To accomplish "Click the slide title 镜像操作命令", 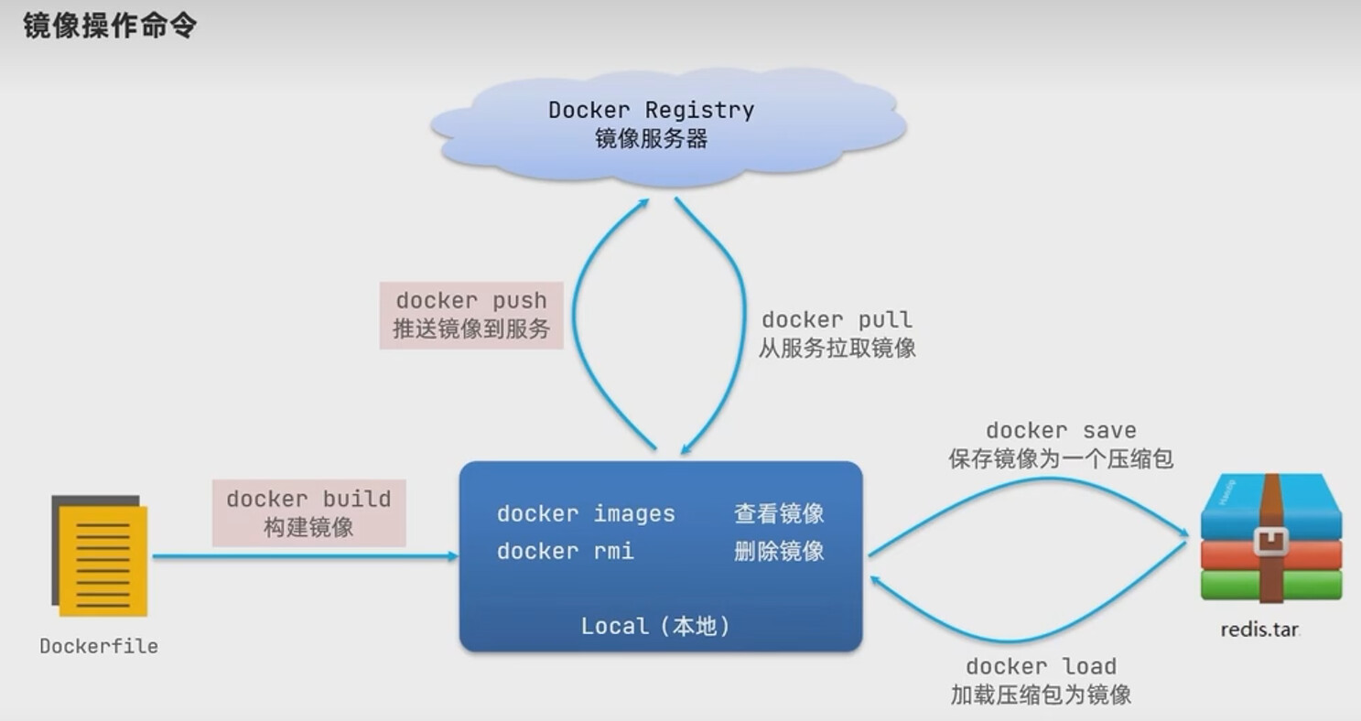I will (110, 26).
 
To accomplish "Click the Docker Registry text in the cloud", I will (651, 111).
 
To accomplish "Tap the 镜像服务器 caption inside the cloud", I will (651, 139).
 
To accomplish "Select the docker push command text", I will (470, 301).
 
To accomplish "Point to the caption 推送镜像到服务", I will (470, 328).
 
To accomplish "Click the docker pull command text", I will (837, 320).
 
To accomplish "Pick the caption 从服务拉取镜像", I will (837, 348).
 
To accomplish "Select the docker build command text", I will (308, 500).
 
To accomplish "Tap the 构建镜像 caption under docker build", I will (308, 528).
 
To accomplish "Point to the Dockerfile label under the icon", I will (99, 647).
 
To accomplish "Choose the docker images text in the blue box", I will (586, 514).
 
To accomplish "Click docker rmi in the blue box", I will (565, 551).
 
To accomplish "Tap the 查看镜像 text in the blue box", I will (779, 514).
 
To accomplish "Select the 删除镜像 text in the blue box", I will (779, 551).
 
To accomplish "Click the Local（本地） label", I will (655, 627).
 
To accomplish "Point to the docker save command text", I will (1061, 431).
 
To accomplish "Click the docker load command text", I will (1041, 667).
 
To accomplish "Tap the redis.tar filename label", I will (1259, 630).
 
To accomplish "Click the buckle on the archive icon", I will (1270, 542).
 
